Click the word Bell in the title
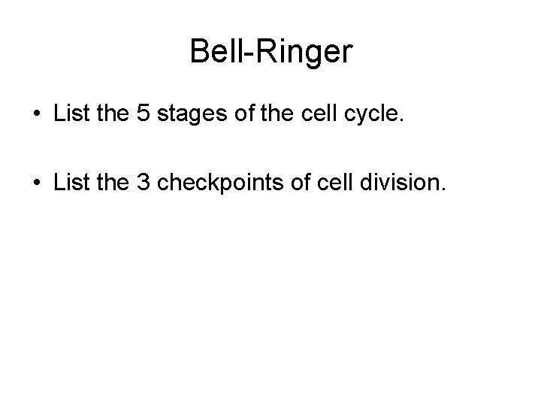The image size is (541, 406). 212,52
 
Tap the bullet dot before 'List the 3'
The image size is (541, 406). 37,183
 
